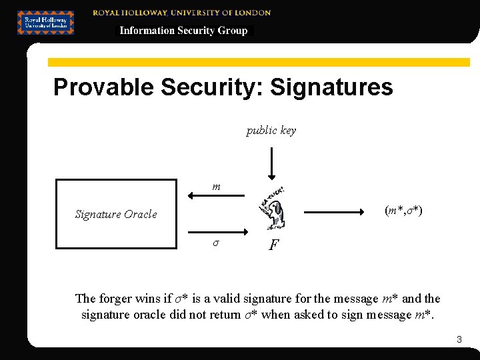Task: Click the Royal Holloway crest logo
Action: (45, 23)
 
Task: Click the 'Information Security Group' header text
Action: (183, 31)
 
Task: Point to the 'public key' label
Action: (271, 131)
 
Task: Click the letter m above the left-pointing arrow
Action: (216, 187)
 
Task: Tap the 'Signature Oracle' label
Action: (116, 214)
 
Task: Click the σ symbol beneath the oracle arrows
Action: (215, 243)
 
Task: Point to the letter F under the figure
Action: (273, 245)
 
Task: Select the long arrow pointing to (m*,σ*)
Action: (337, 213)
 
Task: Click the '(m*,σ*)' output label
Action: (403, 211)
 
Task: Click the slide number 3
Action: (459, 340)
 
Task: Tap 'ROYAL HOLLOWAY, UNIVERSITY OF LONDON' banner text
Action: (182, 13)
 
